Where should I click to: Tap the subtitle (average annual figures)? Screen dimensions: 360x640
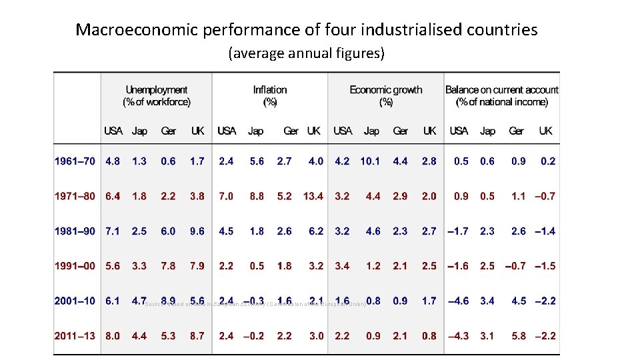pyautogui.click(x=306, y=53)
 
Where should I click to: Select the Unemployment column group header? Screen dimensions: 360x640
pyautogui.click(x=156, y=95)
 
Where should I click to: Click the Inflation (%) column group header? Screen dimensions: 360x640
pyautogui.click(x=270, y=95)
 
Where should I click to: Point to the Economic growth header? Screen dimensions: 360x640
pyautogui.click(x=386, y=95)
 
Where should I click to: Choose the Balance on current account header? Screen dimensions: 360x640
pyautogui.click(x=502, y=95)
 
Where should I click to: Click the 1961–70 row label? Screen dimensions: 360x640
pyautogui.click(x=75, y=161)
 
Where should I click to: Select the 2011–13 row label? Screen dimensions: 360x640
pyautogui.click(x=75, y=336)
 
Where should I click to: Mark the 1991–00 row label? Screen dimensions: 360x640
pyautogui.click(x=75, y=266)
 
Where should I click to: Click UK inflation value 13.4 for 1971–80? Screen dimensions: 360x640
pyautogui.click(x=313, y=196)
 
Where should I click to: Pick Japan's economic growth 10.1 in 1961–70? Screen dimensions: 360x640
pyautogui.click(x=371, y=161)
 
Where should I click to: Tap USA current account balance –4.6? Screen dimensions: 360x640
pyautogui.click(x=458, y=301)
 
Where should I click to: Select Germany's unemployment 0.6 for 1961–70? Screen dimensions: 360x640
pyautogui.click(x=168, y=161)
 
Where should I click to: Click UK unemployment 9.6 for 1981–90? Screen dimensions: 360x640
pyautogui.click(x=197, y=231)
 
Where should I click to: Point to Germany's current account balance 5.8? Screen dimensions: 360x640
pyautogui.click(x=519, y=336)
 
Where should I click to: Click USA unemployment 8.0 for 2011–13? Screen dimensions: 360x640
pyautogui.click(x=113, y=336)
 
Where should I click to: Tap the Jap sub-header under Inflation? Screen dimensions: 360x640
pyautogui.click(x=255, y=131)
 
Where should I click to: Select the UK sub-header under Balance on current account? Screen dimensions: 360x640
pyautogui.click(x=545, y=131)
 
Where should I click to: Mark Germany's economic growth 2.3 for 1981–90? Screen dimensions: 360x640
pyautogui.click(x=400, y=231)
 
